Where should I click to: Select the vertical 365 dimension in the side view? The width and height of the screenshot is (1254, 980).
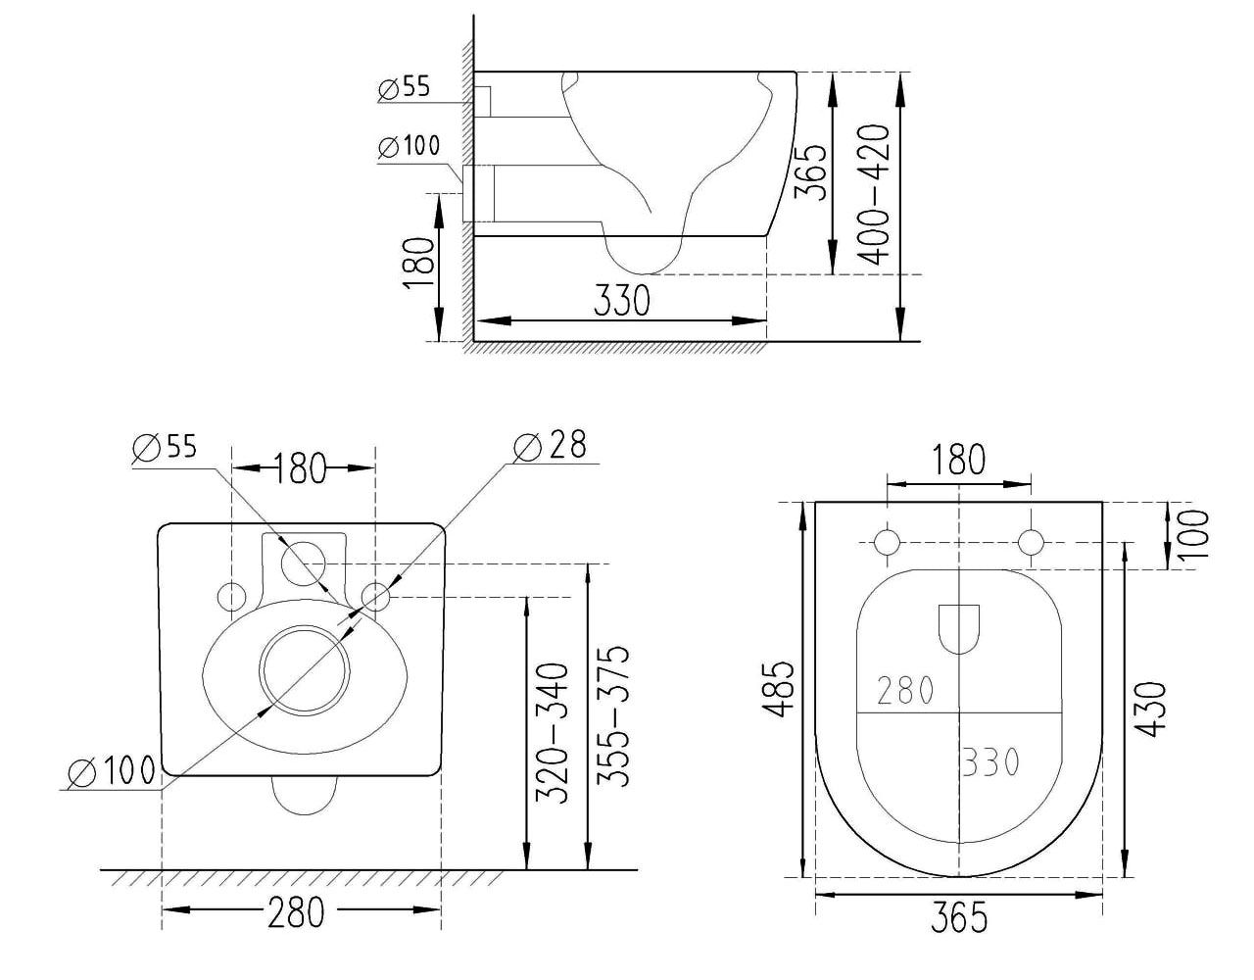click(x=810, y=172)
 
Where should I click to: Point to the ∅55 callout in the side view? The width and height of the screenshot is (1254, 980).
click(x=405, y=88)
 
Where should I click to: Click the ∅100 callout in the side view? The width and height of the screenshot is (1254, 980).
click(x=409, y=146)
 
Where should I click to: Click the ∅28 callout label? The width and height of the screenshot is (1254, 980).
click(x=550, y=445)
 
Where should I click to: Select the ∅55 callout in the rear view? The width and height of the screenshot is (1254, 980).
click(x=165, y=448)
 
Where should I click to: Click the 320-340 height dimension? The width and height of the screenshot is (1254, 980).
click(x=553, y=733)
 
